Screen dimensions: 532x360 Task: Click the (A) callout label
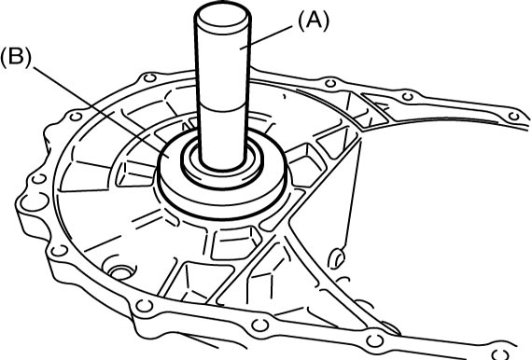[314, 21]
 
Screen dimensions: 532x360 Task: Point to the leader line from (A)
[266, 38]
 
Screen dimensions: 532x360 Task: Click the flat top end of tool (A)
[222, 16]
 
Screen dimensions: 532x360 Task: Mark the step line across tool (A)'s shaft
[223, 108]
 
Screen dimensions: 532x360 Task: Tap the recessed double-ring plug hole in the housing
[120, 272]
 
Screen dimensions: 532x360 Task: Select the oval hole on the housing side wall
[336, 258]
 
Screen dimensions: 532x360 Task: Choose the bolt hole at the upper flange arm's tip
[513, 117]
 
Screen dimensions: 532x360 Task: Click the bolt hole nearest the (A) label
[329, 83]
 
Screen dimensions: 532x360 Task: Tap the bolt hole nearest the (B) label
[76, 117]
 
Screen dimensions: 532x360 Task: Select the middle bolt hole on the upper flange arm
[408, 97]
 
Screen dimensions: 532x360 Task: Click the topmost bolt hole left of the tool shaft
[149, 78]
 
